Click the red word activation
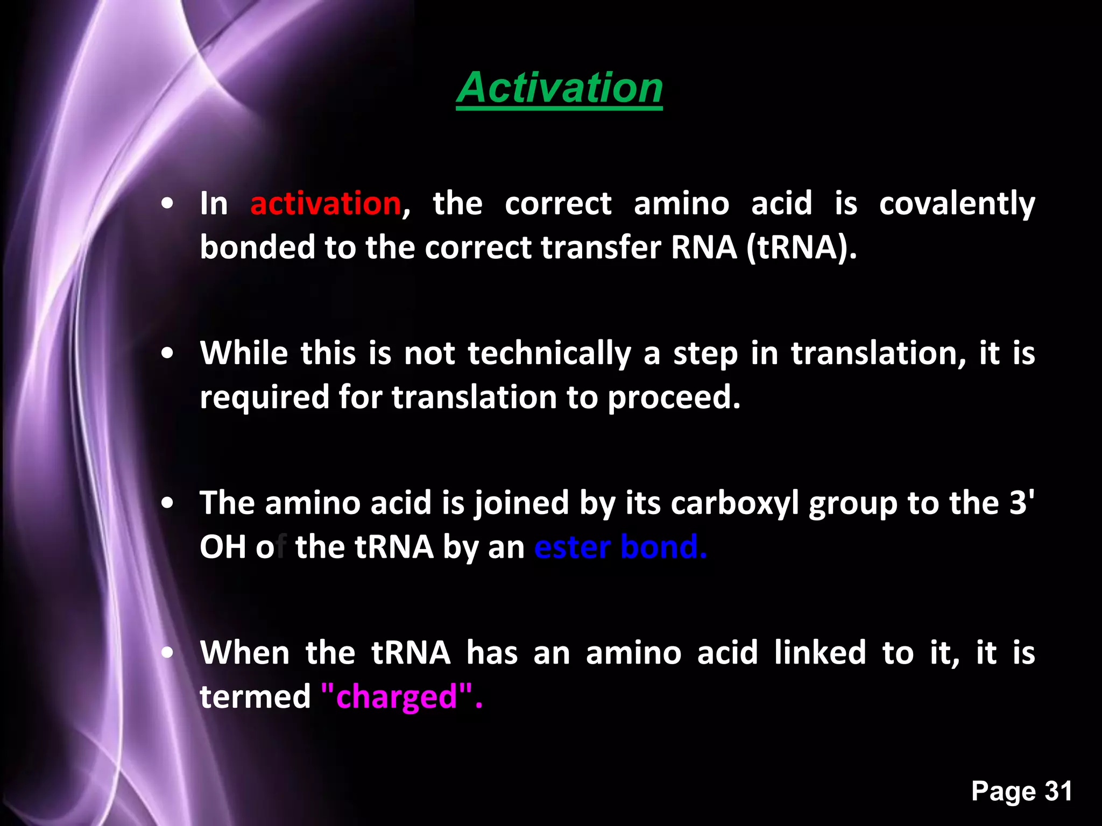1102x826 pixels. click(x=326, y=204)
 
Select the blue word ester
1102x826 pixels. click(x=572, y=547)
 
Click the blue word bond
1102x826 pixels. click(x=662, y=547)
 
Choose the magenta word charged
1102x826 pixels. click(x=397, y=697)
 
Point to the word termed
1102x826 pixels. click(x=255, y=697)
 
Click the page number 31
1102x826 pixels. click(x=1058, y=791)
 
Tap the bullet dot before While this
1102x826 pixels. click(x=168, y=353)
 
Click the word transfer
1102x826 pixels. click(x=601, y=248)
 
